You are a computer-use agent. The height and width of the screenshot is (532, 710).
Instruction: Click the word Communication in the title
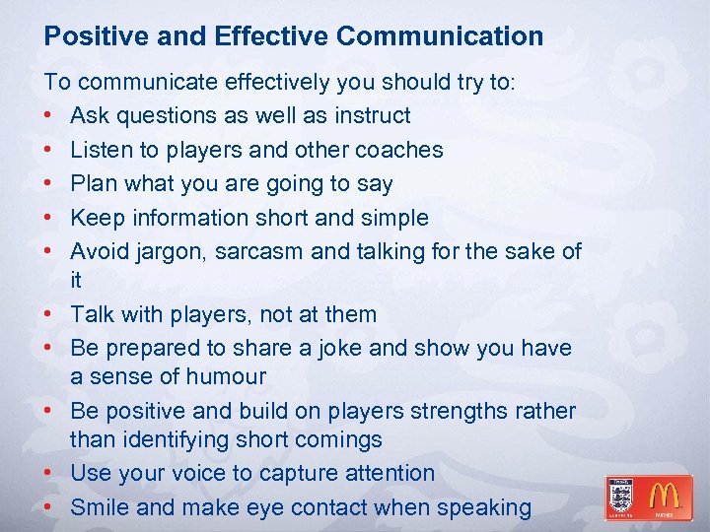(x=440, y=36)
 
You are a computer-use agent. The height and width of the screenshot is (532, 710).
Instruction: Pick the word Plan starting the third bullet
(x=95, y=183)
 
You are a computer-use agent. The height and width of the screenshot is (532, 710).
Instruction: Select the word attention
(x=387, y=473)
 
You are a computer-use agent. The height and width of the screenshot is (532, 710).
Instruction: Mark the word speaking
(x=485, y=508)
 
